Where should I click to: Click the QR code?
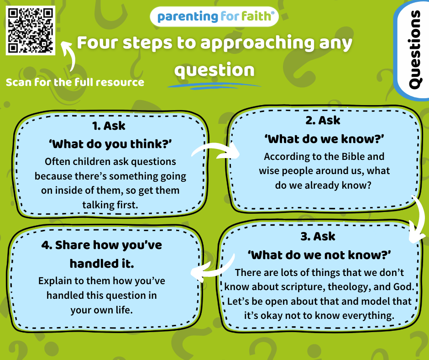click(31, 31)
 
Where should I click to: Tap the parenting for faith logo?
click(214, 16)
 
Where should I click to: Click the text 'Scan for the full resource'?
click(75, 82)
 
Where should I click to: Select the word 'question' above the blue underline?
click(214, 70)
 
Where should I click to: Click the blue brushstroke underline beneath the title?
click(214, 86)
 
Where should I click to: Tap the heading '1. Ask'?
click(109, 126)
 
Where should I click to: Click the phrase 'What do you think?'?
click(110, 144)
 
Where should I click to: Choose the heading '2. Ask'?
click(323, 120)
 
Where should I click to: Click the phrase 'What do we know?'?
click(324, 139)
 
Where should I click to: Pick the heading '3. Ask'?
click(318, 237)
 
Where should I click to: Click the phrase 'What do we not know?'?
click(319, 255)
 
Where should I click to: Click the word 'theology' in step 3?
click(349, 287)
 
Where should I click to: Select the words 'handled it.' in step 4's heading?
click(102, 264)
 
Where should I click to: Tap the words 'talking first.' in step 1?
click(110, 205)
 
